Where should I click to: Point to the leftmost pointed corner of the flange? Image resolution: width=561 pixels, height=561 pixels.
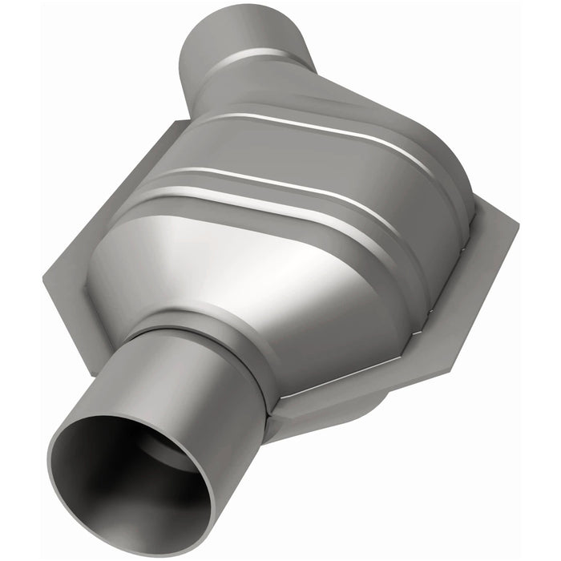pyautogui.click(x=46, y=276)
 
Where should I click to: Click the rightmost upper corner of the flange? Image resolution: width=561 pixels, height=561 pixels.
pyautogui.click(x=517, y=220)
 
